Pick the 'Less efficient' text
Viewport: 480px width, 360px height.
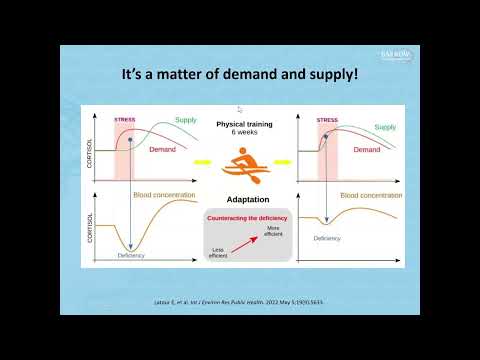pos(217,253)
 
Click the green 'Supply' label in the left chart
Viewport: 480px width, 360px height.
pos(187,121)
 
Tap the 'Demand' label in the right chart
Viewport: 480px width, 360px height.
pos(367,149)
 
